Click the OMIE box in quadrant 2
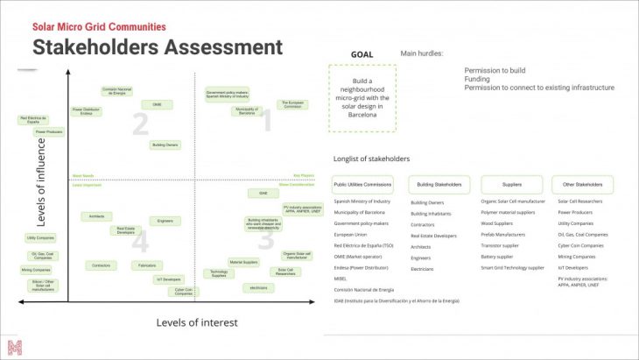click(158, 104)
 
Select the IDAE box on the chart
click(263, 193)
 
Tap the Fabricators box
click(146, 265)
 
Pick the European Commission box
click(292, 104)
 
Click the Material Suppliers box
click(243, 262)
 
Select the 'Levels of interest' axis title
click(197, 322)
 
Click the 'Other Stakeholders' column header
click(582, 185)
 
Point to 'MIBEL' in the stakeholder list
click(341, 279)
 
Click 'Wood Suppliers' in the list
click(498, 223)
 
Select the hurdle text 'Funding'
click(477, 79)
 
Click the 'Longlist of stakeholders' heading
click(371, 159)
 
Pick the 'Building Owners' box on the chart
click(165, 145)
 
